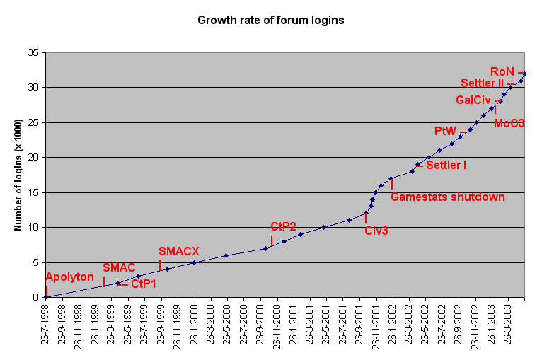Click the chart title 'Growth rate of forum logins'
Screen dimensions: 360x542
click(x=271, y=21)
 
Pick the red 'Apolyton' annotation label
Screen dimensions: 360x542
click(x=69, y=277)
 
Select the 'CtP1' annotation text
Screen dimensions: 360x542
click(x=144, y=284)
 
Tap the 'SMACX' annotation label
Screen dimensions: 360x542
click(x=179, y=251)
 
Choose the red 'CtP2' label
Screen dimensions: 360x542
click(x=283, y=226)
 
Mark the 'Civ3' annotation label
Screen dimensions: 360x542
click(x=376, y=231)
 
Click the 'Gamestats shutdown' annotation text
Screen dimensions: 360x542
click(x=448, y=197)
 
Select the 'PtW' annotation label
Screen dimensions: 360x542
click(x=446, y=131)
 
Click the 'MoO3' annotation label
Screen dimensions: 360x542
click(x=509, y=123)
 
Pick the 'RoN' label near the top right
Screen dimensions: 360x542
click(x=502, y=71)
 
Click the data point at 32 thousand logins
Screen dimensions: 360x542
click(x=524, y=74)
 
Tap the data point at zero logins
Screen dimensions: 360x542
click(x=45, y=297)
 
